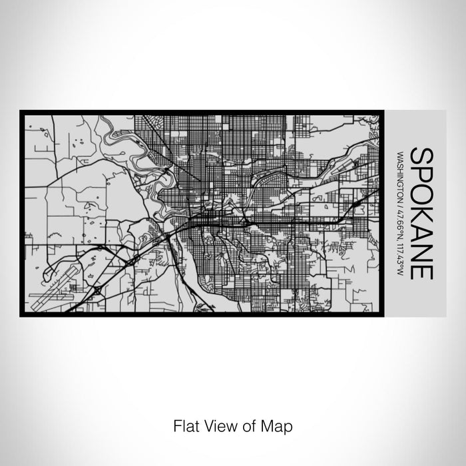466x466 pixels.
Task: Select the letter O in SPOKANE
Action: (422, 195)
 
